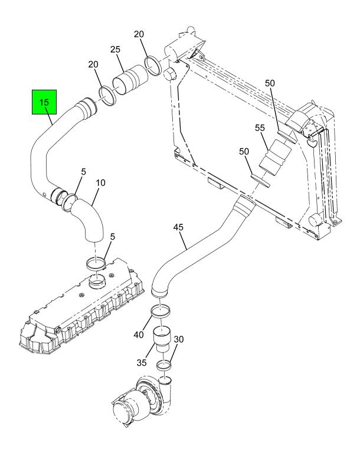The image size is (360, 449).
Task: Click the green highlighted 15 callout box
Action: click(x=44, y=103)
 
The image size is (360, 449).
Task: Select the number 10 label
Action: click(x=100, y=183)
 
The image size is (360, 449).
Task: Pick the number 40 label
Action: click(x=138, y=335)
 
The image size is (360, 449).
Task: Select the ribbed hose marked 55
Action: click(x=276, y=159)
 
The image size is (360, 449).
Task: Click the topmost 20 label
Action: click(x=139, y=35)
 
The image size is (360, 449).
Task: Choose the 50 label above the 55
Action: click(x=270, y=84)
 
